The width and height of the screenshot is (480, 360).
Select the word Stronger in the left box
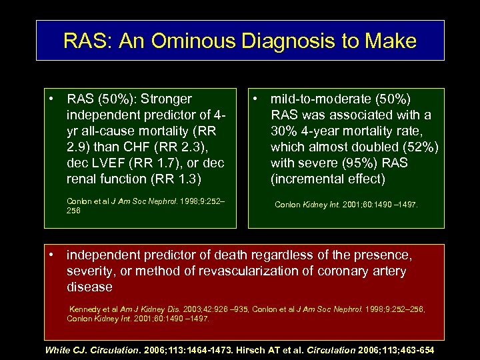pyautogui.click(x=167, y=99)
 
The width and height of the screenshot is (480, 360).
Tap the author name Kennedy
pyautogui.click(x=86, y=309)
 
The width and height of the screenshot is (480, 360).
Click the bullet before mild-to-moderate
pyautogui.click(x=256, y=99)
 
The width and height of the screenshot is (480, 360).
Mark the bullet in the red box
pyautogui.click(x=52, y=255)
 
